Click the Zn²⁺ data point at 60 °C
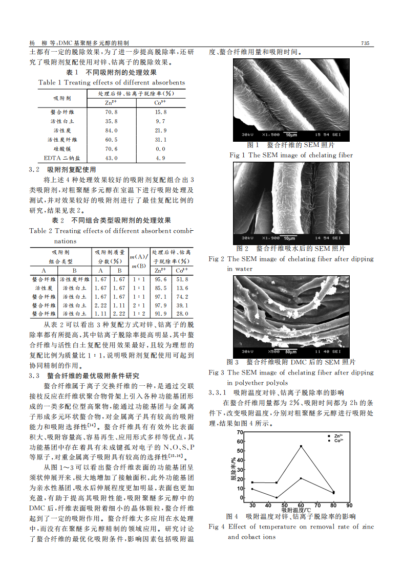(301, 446)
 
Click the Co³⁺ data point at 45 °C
(277, 497)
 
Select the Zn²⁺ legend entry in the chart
(336, 435)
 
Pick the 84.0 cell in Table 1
(111, 130)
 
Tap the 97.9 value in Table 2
(160, 304)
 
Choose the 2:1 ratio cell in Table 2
(138, 304)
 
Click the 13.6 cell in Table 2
(182, 288)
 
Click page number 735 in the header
(365, 43)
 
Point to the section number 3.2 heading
(34, 169)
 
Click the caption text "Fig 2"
(217, 259)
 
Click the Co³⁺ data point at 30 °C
(252, 489)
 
